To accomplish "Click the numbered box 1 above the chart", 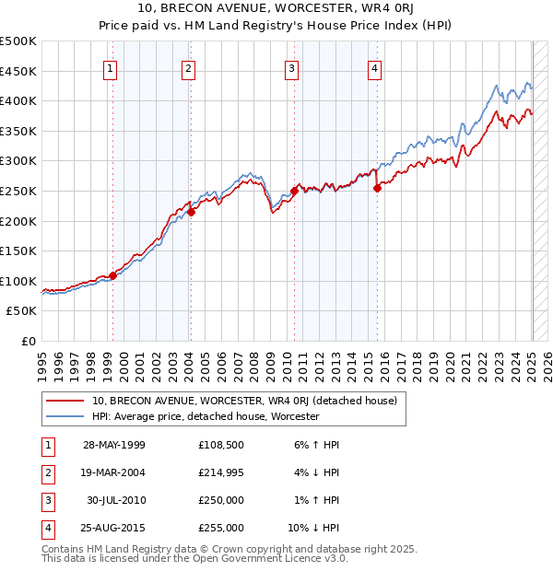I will [111, 67].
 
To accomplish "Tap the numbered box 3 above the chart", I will [291, 67].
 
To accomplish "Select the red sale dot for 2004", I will [192, 212].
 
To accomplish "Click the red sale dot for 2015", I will [377, 188].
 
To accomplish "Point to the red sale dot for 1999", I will [113, 275].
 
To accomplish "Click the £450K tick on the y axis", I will [18, 71].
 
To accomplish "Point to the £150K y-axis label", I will [18, 251].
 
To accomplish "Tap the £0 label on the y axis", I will [29, 342].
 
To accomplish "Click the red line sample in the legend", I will [64, 402].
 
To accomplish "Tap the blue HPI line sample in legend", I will [64, 416].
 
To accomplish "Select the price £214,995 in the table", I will [221, 473].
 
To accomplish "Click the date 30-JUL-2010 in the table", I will [114, 501].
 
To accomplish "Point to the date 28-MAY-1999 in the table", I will [114, 446].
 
